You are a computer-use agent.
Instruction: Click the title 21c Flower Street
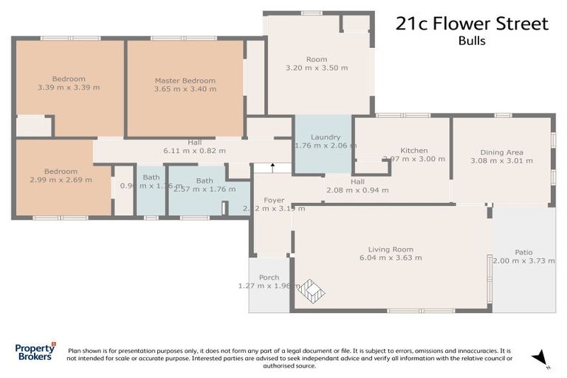pyautogui.click(x=472, y=24)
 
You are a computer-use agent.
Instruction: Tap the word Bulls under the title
pyautogui.click(x=472, y=41)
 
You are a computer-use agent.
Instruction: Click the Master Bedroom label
pyautogui.click(x=185, y=80)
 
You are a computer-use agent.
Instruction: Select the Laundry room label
pyautogui.click(x=325, y=137)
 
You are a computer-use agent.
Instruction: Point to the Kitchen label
pyautogui.click(x=413, y=150)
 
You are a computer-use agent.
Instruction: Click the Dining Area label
pyautogui.click(x=501, y=152)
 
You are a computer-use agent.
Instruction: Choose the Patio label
pyautogui.click(x=523, y=252)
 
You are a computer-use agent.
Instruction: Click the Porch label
pyautogui.click(x=269, y=278)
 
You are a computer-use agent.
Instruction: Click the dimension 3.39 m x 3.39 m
pyautogui.click(x=69, y=87)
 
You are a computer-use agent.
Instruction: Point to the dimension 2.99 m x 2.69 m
pyautogui.click(x=61, y=179)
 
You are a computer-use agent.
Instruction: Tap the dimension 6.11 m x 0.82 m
pyautogui.click(x=194, y=151)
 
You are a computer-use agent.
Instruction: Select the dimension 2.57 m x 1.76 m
pyautogui.click(x=205, y=189)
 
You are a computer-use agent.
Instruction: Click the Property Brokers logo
pyautogui.click(x=35, y=351)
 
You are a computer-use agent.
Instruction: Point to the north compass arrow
pyautogui.click(x=541, y=357)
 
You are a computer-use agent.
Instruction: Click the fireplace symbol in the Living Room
pyautogui.click(x=311, y=291)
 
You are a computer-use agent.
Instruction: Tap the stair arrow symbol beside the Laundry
pyautogui.click(x=272, y=168)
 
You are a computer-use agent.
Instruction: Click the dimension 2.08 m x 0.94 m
pyautogui.click(x=357, y=190)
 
